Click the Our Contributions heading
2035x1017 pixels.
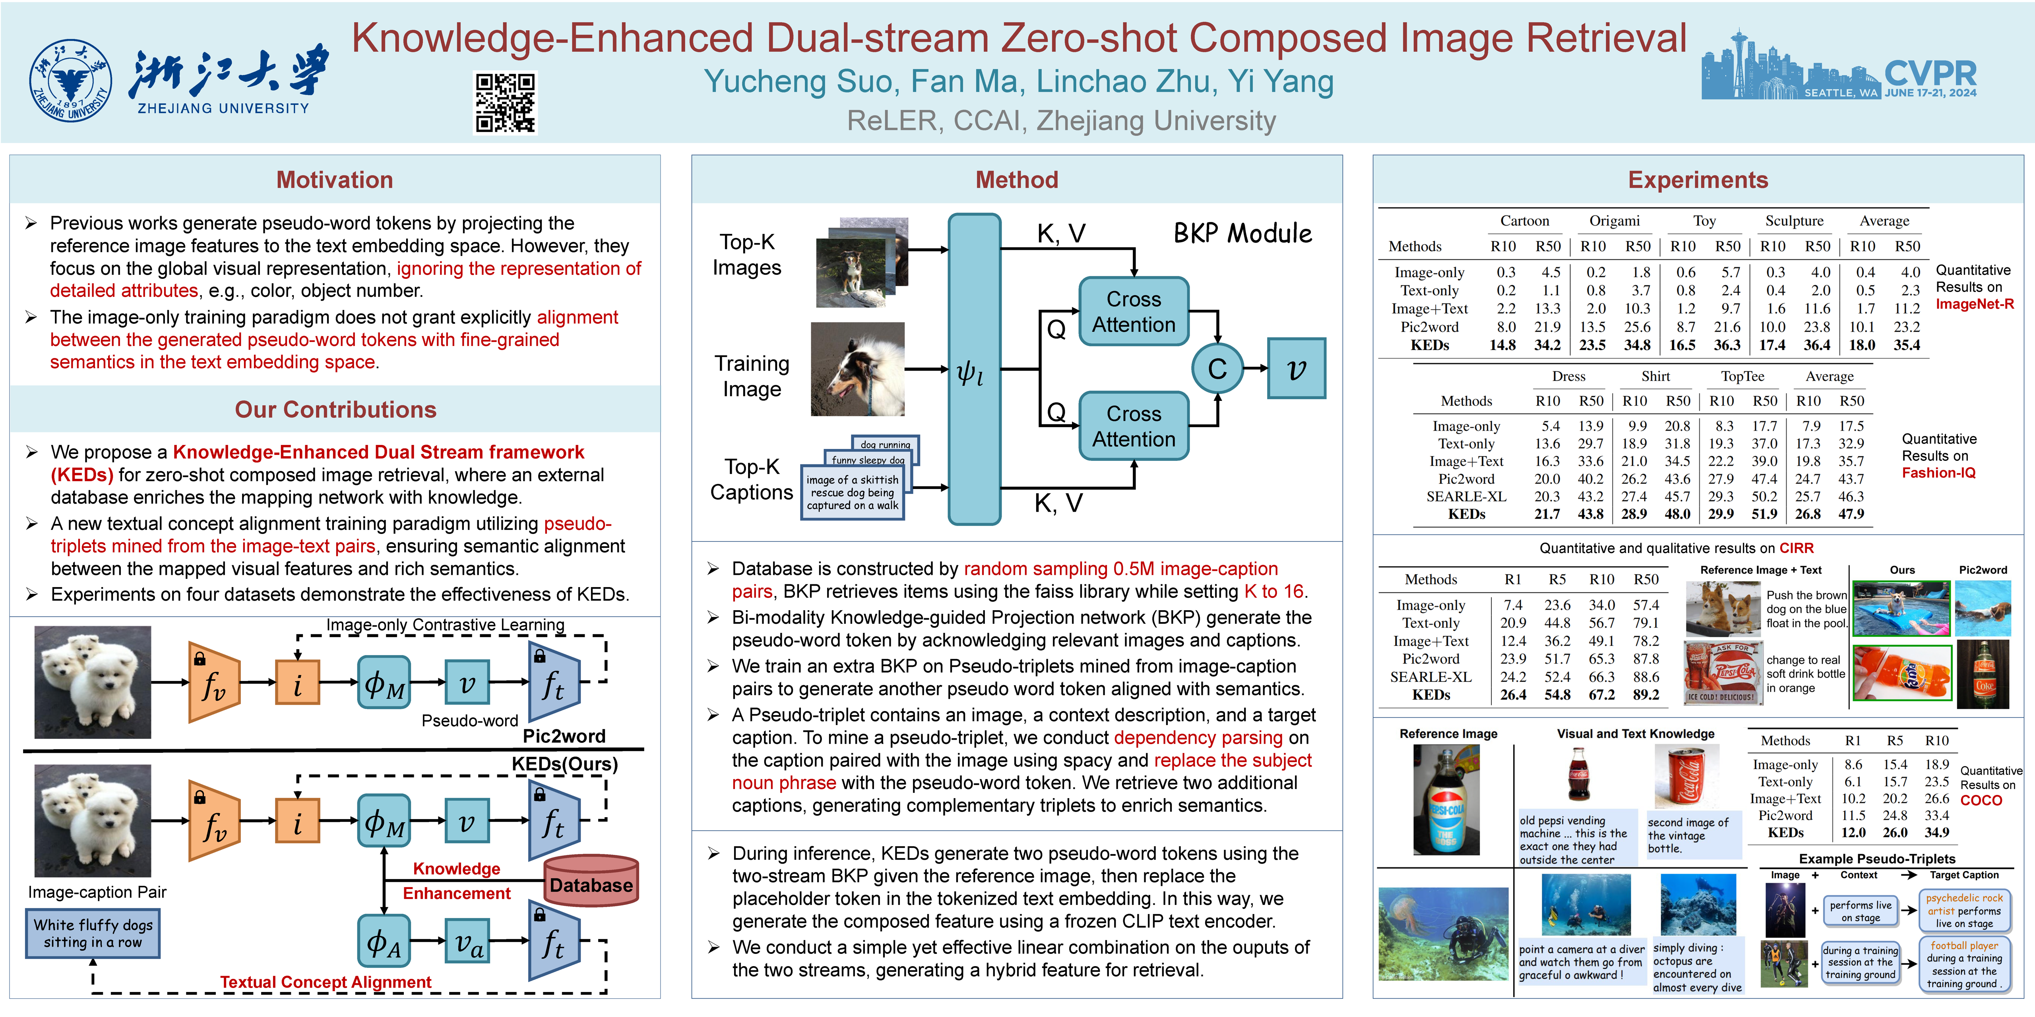point(335,409)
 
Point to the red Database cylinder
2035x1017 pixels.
point(591,880)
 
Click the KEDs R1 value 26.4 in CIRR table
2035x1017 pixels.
point(1513,695)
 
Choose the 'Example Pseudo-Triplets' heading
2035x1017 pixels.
point(1877,858)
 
